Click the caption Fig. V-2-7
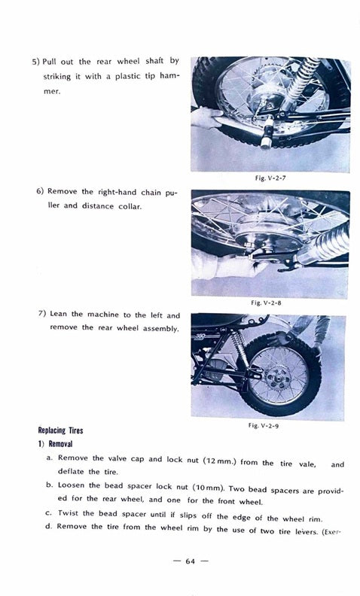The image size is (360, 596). click(270, 178)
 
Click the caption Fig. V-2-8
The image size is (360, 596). click(266, 303)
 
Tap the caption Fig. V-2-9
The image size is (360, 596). click(264, 425)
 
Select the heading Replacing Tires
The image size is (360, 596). click(60, 430)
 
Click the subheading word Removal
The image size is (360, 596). click(60, 444)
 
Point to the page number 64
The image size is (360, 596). click(191, 561)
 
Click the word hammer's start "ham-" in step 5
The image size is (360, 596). click(169, 76)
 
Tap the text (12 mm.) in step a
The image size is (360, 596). click(220, 461)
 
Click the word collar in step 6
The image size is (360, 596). click(130, 207)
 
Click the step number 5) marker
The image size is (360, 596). click(35, 62)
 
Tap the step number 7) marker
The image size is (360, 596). click(42, 314)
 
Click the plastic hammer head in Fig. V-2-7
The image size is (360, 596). click(267, 133)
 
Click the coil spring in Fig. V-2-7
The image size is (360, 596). click(303, 81)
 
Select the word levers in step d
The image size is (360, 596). click(307, 531)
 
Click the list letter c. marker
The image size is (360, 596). click(48, 513)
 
